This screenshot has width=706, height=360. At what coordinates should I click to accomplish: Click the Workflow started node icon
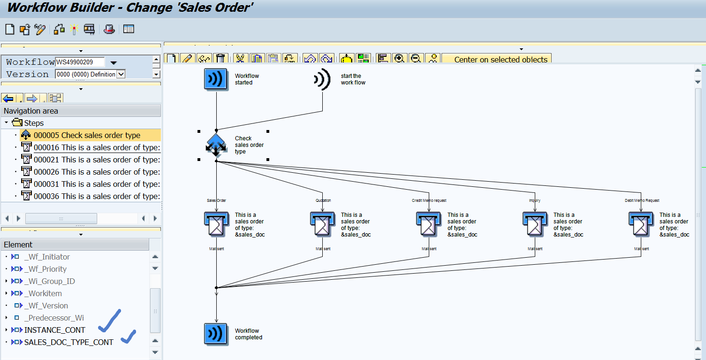(216, 79)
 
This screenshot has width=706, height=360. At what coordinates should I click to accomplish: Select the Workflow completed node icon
(216, 334)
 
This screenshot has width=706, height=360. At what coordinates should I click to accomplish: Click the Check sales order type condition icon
(216, 145)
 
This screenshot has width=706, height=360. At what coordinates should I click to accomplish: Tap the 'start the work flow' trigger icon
(322, 79)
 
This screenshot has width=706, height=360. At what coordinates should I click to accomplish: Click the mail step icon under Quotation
(322, 224)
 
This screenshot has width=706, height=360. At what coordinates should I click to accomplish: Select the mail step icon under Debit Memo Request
(640, 224)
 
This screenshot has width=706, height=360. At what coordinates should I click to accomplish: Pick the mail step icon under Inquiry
(534, 224)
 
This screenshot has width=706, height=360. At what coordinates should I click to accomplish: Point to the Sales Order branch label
(216, 200)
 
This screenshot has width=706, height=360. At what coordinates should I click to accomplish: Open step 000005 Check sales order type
(87, 135)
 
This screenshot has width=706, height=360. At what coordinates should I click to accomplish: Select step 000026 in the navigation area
(97, 172)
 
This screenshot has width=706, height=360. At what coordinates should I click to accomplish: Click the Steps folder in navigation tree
(33, 123)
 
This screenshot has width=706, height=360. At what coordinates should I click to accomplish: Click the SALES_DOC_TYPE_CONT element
(68, 342)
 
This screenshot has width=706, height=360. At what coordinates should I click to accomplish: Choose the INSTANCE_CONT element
(54, 330)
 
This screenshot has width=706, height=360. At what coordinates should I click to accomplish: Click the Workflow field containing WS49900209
(80, 62)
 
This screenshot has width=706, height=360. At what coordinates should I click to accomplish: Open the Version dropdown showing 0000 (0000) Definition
(121, 74)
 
